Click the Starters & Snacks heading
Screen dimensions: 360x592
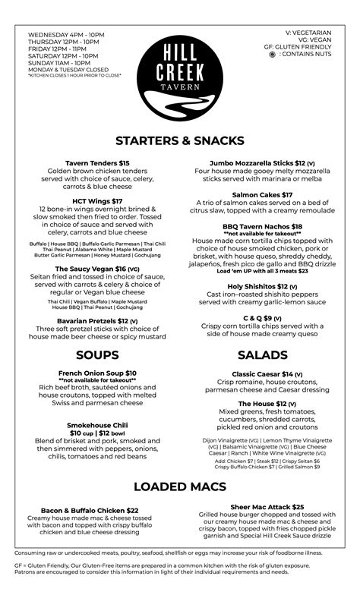tap(179, 140)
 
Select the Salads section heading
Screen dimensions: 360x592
tap(262, 355)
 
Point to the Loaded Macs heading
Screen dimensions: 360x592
tap(179, 487)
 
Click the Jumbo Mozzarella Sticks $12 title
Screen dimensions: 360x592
tap(262, 163)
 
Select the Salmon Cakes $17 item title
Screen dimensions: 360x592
tap(262, 195)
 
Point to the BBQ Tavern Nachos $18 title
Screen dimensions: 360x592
tap(262, 226)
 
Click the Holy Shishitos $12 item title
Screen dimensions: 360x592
tap(262, 286)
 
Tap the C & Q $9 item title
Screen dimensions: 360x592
tap(262, 318)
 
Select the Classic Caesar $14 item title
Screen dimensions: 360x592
tap(262, 374)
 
